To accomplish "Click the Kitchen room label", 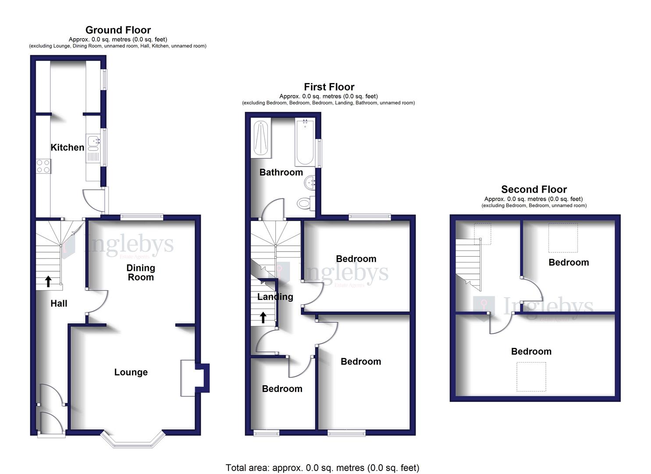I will [68, 147].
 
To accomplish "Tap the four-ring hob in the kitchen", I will [43, 165].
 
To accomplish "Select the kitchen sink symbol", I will [93, 141].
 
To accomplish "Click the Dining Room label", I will [140, 273].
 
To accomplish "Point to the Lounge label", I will [131, 372].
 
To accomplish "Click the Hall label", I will [59, 303].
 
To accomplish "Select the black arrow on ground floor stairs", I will [48, 281].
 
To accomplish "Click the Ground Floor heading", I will [118, 30].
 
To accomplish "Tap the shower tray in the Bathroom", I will [262, 139].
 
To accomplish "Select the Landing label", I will [275, 297].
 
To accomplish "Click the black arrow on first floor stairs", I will [263, 317].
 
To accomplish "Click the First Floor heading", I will [329, 87].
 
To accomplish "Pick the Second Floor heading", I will [534, 189].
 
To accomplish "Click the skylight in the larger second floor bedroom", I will [531, 377].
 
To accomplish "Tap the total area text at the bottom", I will [322, 467].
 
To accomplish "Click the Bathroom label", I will [281, 172].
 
